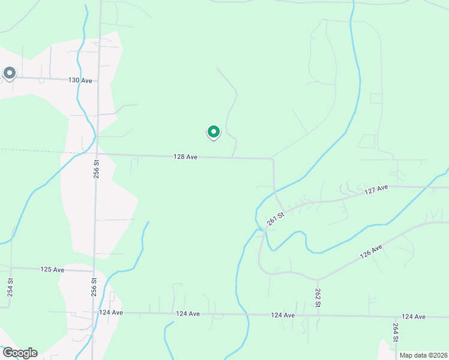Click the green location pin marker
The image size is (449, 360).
click(x=213, y=132)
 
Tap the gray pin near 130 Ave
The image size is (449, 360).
click(x=10, y=73)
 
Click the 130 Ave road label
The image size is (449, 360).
click(x=80, y=80)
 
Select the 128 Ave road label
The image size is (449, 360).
click(x=185, y=157)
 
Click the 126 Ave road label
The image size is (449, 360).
click(x=371, y=251)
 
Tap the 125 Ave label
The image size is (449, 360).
click(x=52, y=269)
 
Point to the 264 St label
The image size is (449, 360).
click(x=396, y=332)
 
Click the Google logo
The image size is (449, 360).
click(x=20, y=353)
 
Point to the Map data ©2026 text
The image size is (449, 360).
click(x=423, y=355)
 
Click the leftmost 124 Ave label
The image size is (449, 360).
click(x=111, y=313)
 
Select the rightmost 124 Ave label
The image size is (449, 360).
click(x=414, y=316)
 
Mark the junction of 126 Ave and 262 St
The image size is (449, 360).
click(x=318, y=280)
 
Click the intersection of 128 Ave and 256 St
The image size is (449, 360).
click(x=97, y=154)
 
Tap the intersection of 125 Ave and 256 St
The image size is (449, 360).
click(x=95, y=271)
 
